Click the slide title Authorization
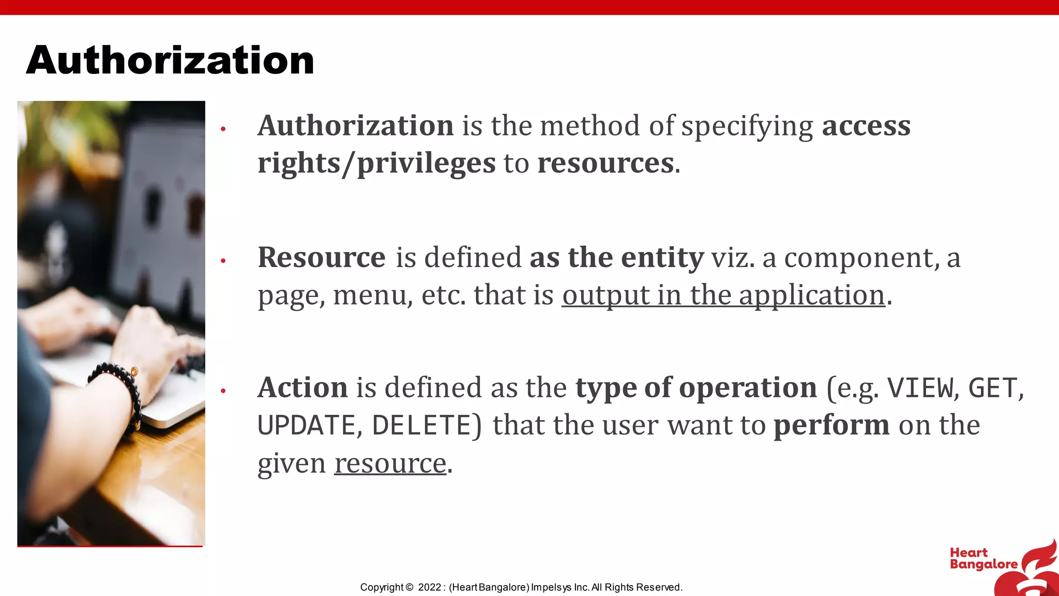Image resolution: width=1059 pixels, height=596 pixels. tap(170, 60)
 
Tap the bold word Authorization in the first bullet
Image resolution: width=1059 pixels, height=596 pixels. tap(356, 126)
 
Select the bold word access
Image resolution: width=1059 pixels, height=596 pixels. tap(866, 126)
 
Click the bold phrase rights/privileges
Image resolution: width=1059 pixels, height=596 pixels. tap(376, 163)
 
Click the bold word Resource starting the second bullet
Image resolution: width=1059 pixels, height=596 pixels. tap(322, 257)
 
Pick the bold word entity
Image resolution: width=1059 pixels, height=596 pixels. tap(662, 257)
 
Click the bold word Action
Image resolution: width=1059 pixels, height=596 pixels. tap(302, 388)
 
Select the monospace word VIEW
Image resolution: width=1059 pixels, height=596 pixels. tap(920, 389)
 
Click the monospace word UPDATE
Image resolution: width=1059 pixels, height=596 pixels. tap(306, 426)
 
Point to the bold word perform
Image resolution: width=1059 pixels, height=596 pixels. tap(831, 425)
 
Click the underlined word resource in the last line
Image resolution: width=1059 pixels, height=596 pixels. tap(390, 463)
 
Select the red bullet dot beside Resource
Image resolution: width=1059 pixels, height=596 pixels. tap(223, 261)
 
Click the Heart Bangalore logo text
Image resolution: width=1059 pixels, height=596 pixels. tap(982, 559)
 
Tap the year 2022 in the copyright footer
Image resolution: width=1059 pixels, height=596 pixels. tap(429, 587)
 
